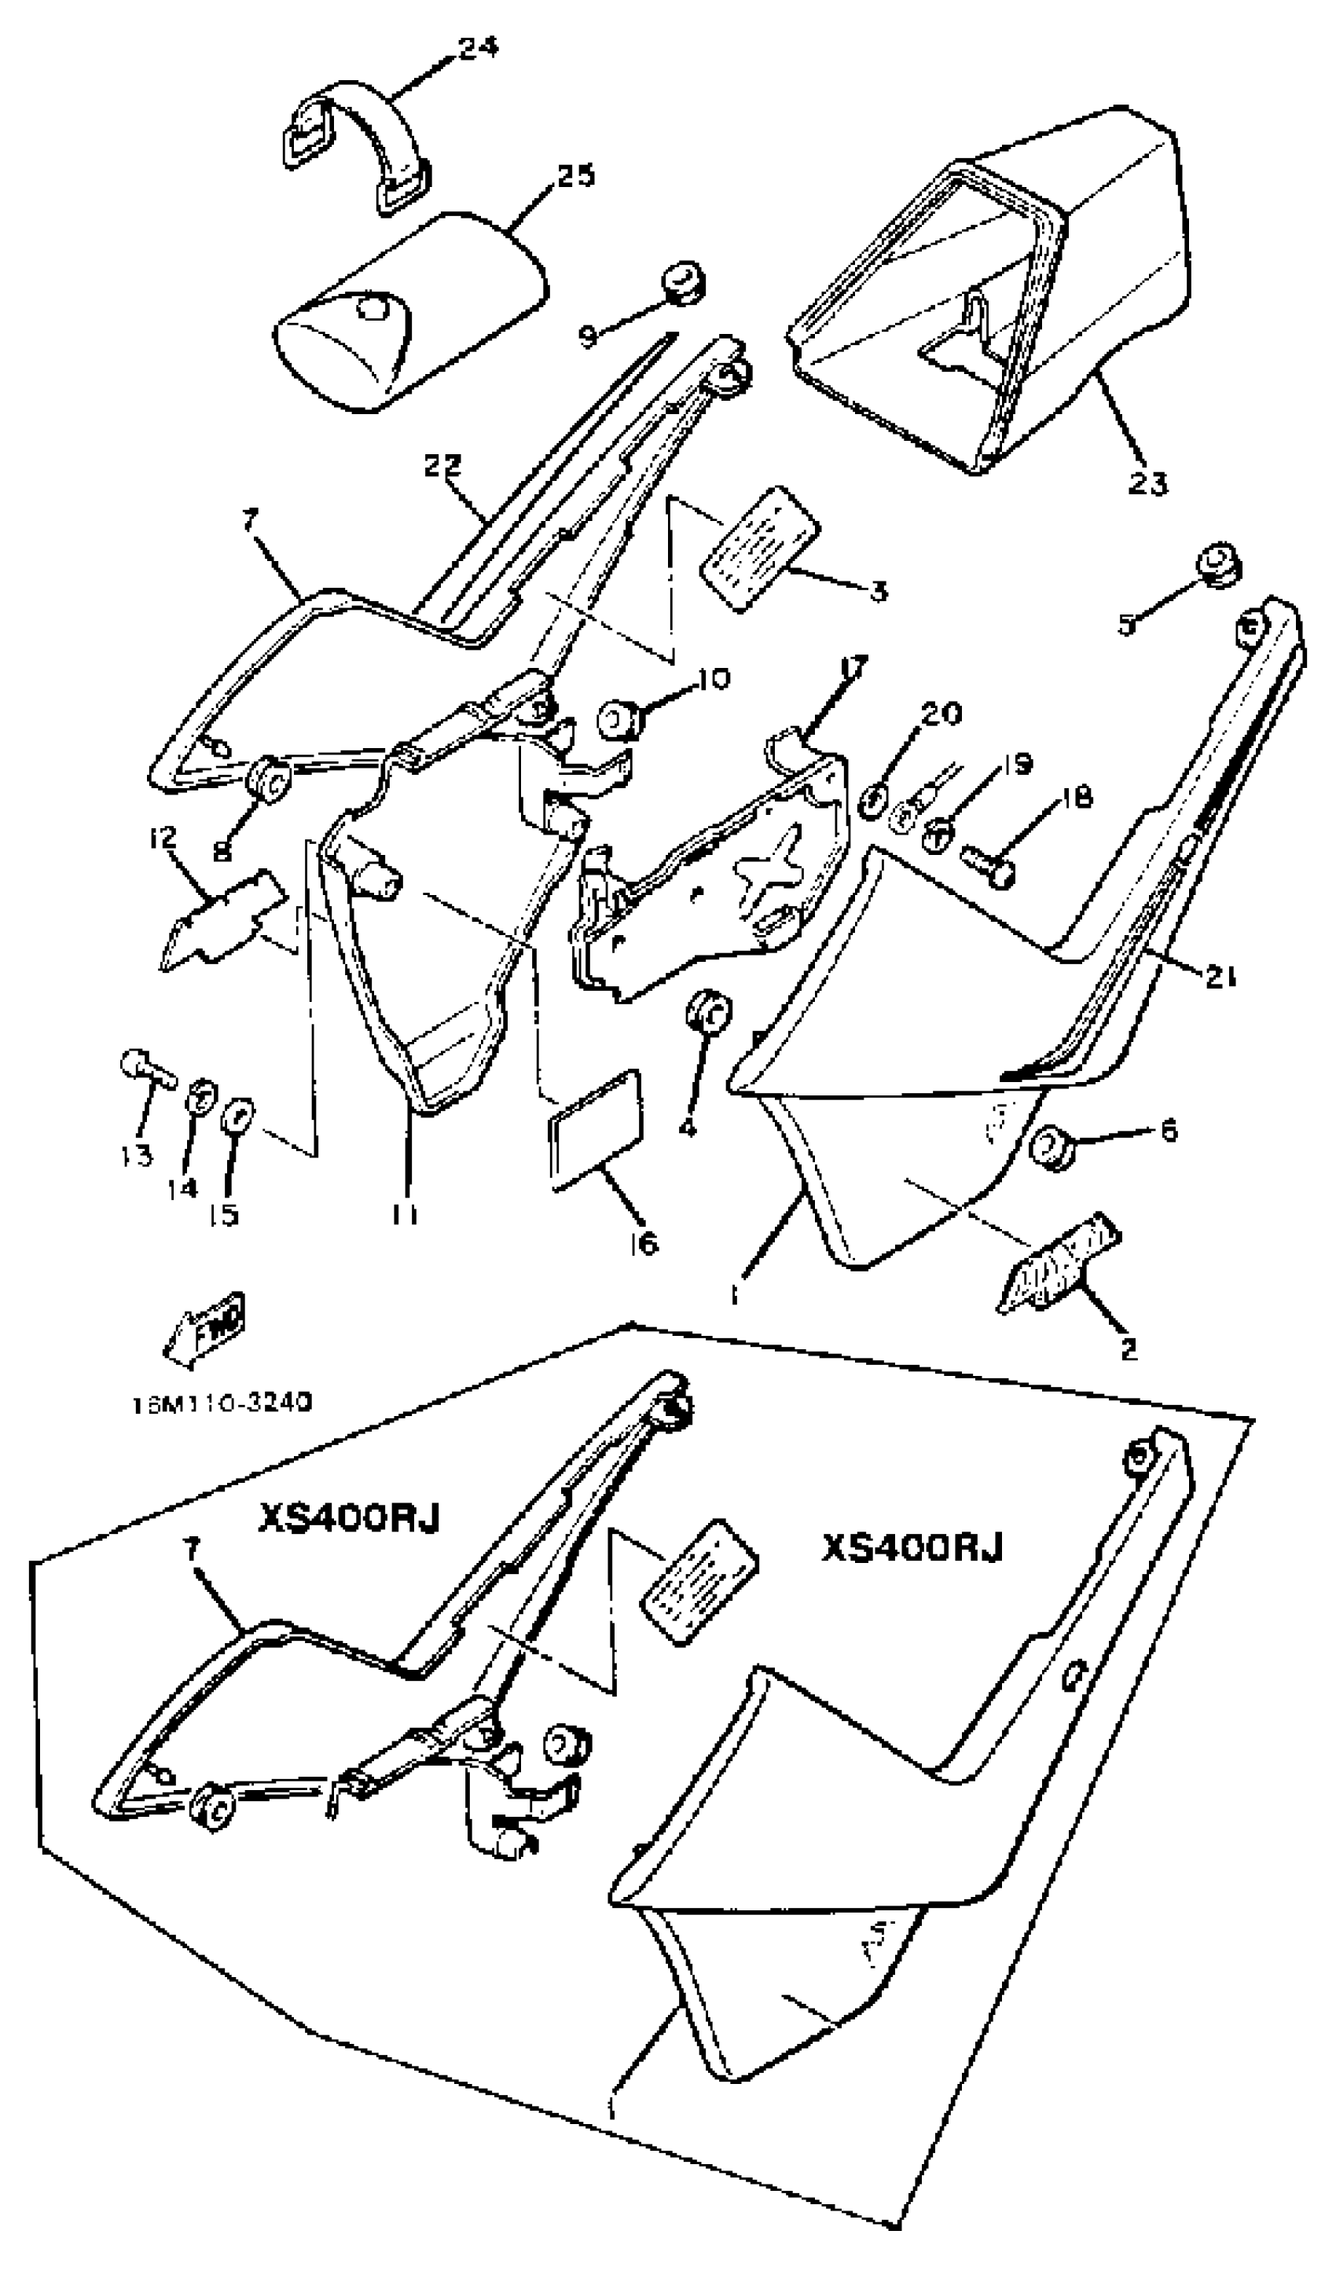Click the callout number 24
coord(478,47)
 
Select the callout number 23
coord(1147,484)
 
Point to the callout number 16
coord(644,1244)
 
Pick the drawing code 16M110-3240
coord(222,1403)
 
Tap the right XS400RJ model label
coord(912,1547)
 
